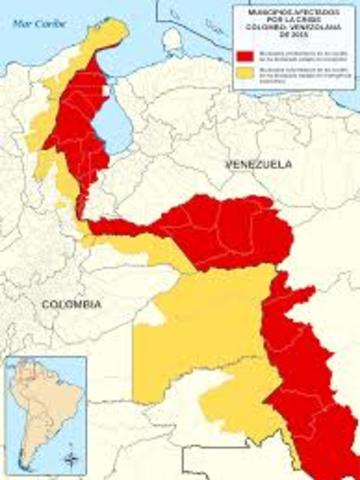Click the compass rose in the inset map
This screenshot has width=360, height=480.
coord(69,459)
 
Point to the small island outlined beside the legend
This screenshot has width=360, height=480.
coord(174,40)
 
